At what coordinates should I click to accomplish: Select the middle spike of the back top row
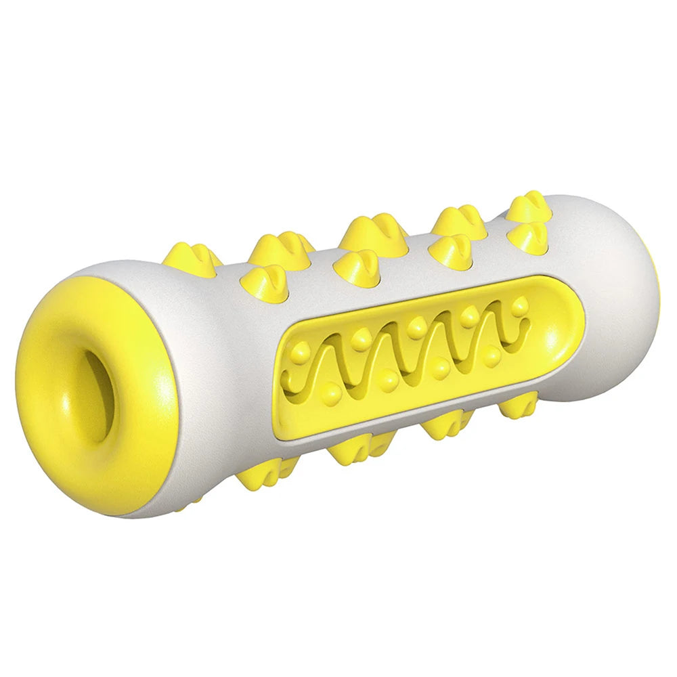(374, 232)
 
